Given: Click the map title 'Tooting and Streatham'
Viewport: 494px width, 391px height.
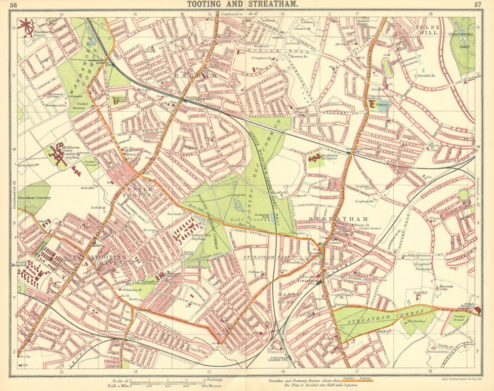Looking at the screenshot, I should coord(242,4).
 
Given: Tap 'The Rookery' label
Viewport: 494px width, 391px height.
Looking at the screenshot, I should coord(416,322).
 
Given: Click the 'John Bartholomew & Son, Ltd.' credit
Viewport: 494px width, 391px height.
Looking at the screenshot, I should coord(459,379).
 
